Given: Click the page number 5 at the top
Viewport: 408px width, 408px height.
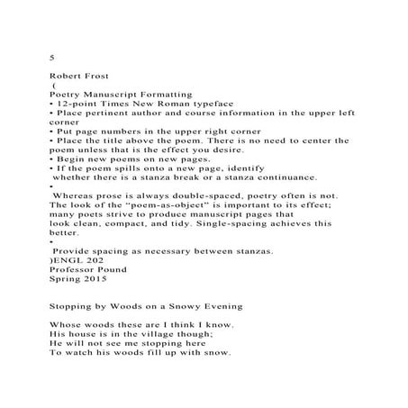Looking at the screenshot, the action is [52, 57].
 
